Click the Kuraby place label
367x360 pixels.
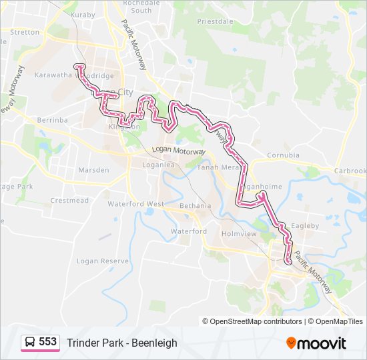coord(83,14)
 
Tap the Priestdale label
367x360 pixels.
coord(215,21)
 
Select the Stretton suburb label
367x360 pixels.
coord(25,32)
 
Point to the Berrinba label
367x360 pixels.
coord(53,120)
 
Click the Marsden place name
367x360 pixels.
coord(93,170)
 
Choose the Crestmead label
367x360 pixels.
coord(69,200)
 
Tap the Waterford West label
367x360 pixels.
coord(135,203)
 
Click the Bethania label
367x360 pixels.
coord(195,206)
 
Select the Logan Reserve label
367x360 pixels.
coord(102,261)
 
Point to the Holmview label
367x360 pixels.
coord(240,234)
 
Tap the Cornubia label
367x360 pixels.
coord(283,155)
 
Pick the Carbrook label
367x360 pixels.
coord(350,171)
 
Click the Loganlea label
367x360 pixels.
coord(158,163)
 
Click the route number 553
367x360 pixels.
coord(47,342)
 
